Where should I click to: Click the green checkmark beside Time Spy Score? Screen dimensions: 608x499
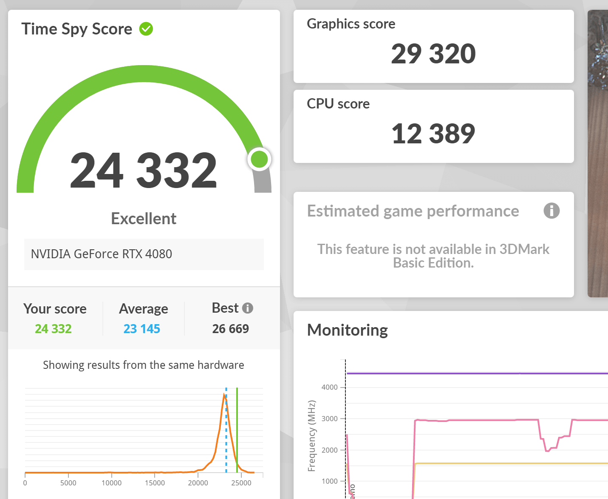146,29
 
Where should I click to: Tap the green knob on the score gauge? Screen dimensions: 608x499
259,159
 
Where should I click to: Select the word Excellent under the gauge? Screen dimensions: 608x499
144,219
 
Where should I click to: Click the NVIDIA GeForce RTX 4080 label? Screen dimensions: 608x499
102,254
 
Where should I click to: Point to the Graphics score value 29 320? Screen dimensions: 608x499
433,54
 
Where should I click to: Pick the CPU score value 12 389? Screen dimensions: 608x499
433,134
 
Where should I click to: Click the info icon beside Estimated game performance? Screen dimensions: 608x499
551,211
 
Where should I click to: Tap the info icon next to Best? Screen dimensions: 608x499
247,308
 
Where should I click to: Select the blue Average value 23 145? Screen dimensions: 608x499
141,329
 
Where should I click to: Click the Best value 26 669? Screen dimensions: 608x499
230,329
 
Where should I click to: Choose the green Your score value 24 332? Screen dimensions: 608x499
54,329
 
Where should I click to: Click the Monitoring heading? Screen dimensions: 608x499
348,330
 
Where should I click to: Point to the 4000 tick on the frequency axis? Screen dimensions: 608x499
330,387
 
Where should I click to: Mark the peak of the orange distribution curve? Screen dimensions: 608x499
224,394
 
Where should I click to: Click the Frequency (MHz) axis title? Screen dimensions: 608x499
311,436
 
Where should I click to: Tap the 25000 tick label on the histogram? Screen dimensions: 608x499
241,483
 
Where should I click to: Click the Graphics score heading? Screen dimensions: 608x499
351,24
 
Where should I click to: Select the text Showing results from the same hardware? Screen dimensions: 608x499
144,365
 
